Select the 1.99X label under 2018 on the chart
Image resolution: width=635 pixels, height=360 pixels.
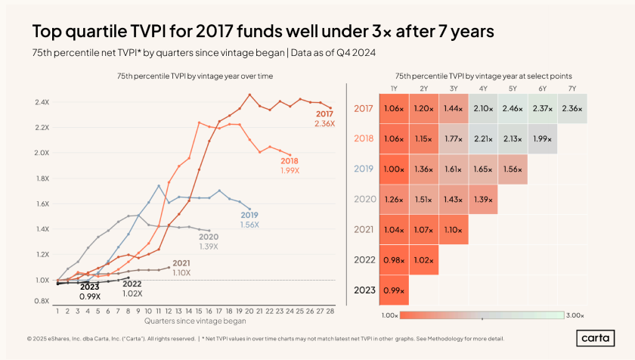pos(290,170)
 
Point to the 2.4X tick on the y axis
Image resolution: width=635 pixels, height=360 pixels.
pos(41,102)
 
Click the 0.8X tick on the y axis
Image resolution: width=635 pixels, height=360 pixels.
pos(41,300)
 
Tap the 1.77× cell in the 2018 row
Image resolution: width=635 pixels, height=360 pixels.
pos(454,138)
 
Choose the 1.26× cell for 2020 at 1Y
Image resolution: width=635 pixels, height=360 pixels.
pos(394,200)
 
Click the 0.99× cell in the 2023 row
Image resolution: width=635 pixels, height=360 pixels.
pos(394,290)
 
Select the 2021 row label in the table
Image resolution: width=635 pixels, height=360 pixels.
pos(364,230)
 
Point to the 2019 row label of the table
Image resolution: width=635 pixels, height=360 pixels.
pos(364,169)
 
